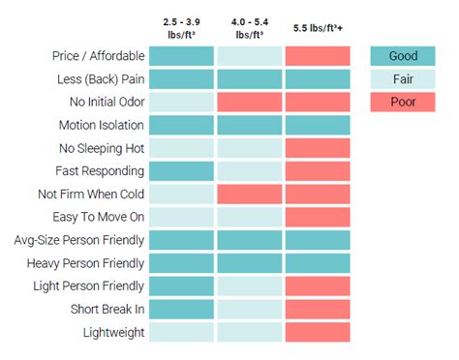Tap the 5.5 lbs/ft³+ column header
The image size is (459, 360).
click(318, 27)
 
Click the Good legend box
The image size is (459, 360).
click(403, 56)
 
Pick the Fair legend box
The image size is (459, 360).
click(403, 79)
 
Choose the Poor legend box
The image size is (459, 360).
click(403, 103)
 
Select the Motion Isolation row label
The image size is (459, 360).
click(102, 125)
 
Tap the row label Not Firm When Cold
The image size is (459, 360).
click(92, 194)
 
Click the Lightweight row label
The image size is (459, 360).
click(112, 332)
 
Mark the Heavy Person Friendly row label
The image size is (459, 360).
click(86, 262)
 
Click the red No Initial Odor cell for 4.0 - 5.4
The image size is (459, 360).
click(249, 102)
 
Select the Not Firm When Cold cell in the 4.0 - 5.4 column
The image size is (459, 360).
click(249, 194)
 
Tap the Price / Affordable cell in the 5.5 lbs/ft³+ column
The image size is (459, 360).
click(318, 56)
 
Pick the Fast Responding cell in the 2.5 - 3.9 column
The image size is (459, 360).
click(181, 171)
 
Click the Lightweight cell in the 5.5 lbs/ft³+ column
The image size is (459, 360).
click(318, 332)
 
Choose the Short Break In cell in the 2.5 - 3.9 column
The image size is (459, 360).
click(181, 309)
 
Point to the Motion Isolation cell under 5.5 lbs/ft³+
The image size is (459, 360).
click(318, 125)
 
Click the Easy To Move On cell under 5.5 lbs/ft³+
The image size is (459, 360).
click(318, 217)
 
